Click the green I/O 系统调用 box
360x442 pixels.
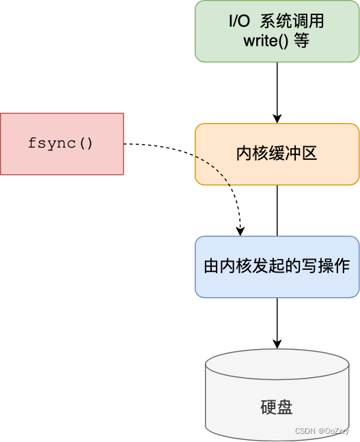click(277, 31)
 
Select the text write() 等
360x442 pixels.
click(277, 41)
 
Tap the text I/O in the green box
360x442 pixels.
click(239, 22)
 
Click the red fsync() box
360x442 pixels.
click(61, 143)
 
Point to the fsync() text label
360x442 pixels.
click(61, 143)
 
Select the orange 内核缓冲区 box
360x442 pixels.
click(277, 154)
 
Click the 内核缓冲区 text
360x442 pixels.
click(277, 154)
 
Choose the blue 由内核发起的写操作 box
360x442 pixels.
click(277, 266)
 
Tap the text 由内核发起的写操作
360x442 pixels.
click(277, 266)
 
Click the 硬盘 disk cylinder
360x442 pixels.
click(277, 396)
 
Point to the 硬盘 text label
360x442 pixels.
click(277, 408)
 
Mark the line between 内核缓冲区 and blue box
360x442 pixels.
click(277, 210)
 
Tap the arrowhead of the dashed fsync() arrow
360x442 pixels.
click(240, 230)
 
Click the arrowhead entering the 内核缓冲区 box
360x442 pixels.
click(277, 118)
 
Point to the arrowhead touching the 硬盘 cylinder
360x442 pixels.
click(277, 343)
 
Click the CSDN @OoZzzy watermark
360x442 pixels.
click(322, 431)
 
